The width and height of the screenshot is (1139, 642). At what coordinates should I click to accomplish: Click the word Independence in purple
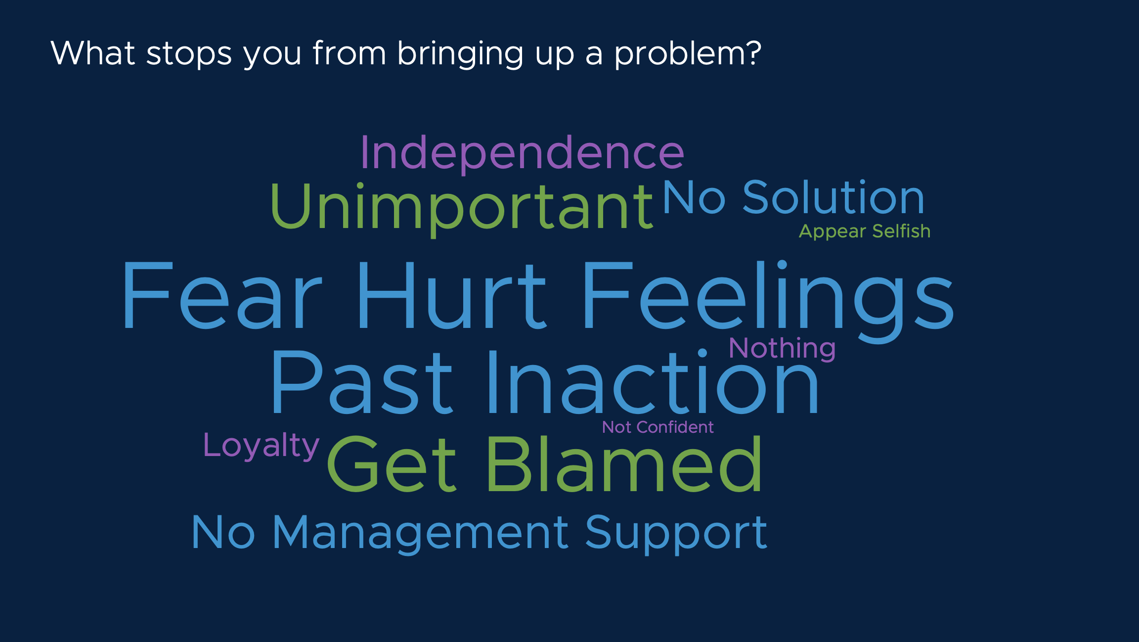click(x=523, y=153)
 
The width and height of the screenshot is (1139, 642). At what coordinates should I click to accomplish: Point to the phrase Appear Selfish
click(x=865, y=231)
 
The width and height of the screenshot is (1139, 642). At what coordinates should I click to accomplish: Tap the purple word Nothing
click(x=782, y=349)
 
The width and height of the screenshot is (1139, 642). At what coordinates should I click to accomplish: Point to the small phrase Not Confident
click(x=657, y=427)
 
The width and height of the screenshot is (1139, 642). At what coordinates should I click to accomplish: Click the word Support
click(x=676, y=534)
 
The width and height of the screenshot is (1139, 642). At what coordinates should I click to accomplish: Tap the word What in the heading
click(x=93, y=52)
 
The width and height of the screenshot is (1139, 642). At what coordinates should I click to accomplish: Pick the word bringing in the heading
click(x=460, y=53)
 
